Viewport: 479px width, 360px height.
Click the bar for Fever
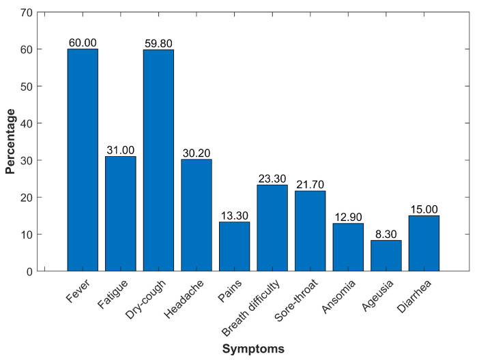(x=83, y=160)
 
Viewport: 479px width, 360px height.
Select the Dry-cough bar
(x=158, y=160)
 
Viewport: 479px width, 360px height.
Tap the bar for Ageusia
(x=386, y=256)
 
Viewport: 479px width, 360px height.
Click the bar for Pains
(x=234, y=246)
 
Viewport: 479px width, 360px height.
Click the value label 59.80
(x=158, y=44)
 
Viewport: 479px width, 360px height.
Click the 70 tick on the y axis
(x=26, y=12)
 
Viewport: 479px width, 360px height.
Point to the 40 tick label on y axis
(x=26, y=123)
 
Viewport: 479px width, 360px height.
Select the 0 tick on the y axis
(x=29, y=271)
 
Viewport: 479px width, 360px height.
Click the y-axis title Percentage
(x=10, y=142)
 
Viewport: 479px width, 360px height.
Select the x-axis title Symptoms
(x=252, y=348)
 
